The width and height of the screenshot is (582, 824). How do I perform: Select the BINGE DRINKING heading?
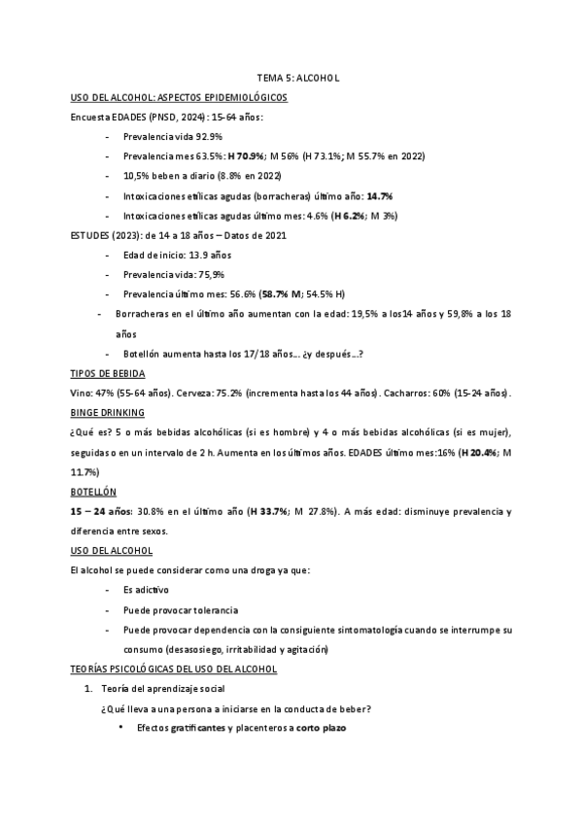(108, 412)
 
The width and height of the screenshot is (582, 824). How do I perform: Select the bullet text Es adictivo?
(146, 590)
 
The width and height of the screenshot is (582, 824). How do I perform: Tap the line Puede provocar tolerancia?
(181, 609)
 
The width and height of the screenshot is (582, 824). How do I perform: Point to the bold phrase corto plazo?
(321, 728)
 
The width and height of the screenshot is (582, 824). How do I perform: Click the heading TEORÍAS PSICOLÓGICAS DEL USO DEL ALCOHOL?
(175, 669)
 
